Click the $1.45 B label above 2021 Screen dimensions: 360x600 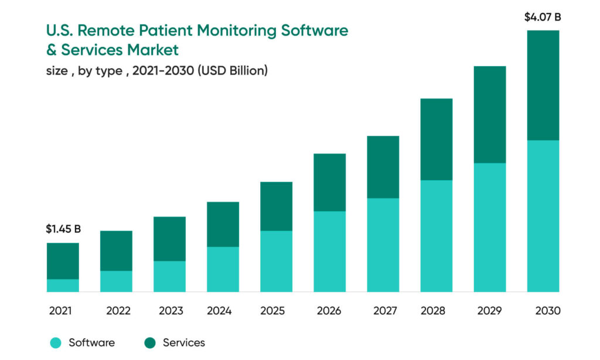point(63,229)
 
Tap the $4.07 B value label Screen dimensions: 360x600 point(542,17)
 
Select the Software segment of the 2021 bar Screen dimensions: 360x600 point(63,286)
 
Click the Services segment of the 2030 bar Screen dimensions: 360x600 point(543,85)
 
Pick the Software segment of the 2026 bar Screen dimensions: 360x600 point(329,252)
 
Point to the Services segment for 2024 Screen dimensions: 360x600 point(223,224)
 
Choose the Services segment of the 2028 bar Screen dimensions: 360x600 point(437,139)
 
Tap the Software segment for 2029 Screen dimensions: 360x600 point(490,227)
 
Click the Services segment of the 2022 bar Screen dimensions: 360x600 point(116,250)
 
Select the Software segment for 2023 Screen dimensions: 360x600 point(169,276)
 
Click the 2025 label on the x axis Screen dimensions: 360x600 point(276,311)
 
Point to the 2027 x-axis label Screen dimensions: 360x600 point(383,311)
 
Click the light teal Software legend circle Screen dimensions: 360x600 point(55,343)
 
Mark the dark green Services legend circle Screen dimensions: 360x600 point(150,343)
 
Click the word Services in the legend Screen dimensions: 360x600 point(183,342)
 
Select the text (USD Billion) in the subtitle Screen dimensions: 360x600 point(233,71)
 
